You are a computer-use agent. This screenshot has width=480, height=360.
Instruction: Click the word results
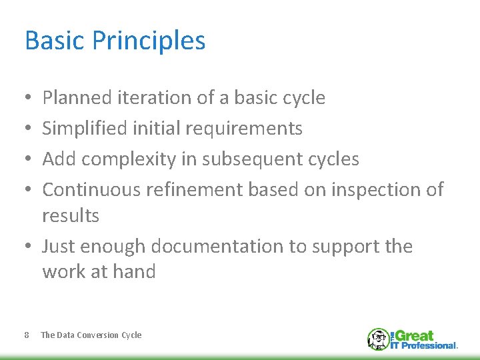71,216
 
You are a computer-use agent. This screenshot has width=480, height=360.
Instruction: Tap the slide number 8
26,335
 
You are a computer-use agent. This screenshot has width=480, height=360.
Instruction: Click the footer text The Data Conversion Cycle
91,335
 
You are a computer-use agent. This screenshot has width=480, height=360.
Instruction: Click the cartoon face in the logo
378,339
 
